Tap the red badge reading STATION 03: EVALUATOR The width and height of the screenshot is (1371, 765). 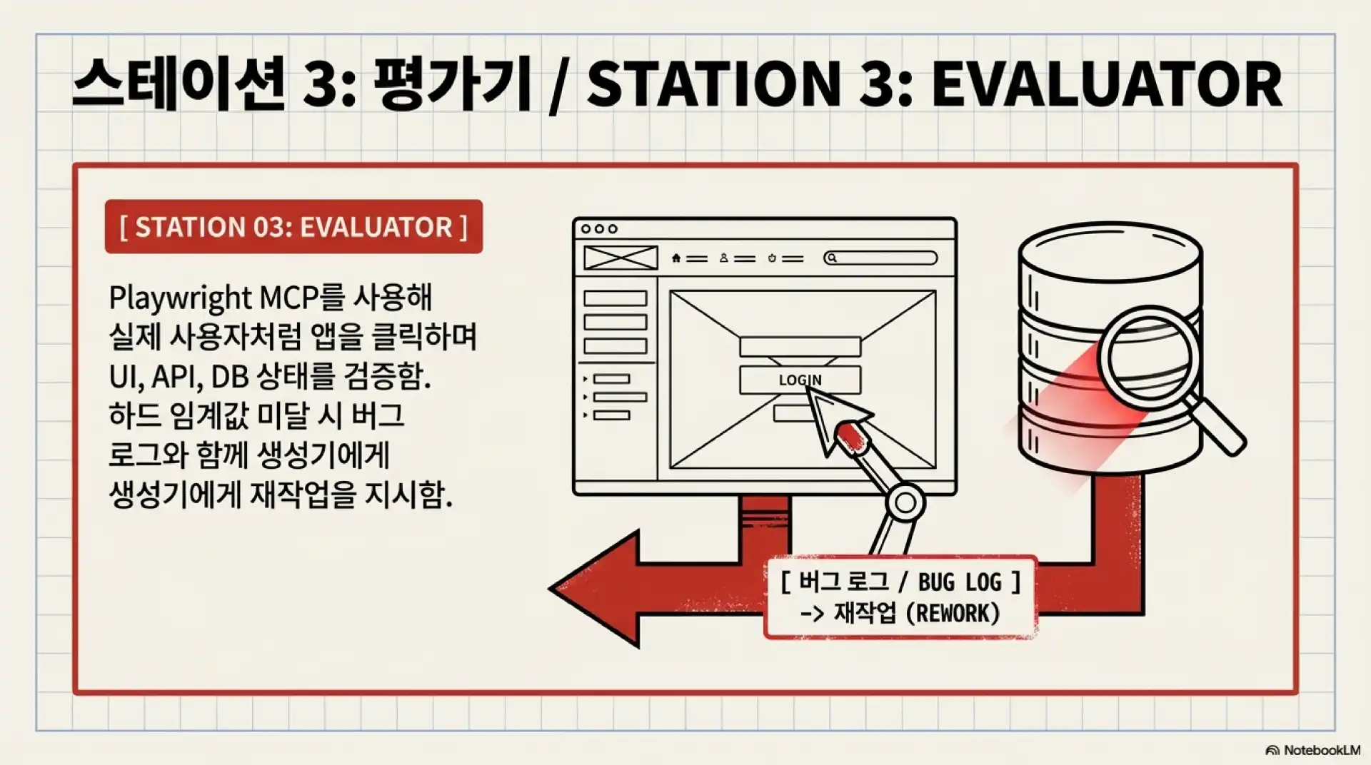tap(293, 227)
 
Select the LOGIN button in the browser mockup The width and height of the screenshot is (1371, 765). tap(800, 380)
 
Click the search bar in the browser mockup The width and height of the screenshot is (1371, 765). tap(880, 258)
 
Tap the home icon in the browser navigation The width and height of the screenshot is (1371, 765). tap(676, 258)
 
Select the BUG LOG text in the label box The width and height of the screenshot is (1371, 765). tap(960, 582)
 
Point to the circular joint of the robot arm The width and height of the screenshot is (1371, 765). tap(905, 502)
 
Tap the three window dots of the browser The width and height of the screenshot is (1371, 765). tap(599, 229)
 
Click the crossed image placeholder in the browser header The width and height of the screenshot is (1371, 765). tap(621, 258)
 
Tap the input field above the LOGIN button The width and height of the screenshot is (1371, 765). tap(800, 347)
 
